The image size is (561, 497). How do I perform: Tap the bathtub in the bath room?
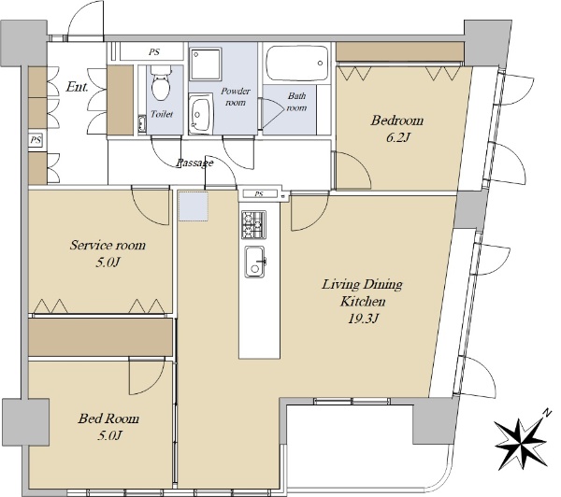point(297,63)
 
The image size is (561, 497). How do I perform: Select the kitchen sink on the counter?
point(255,262)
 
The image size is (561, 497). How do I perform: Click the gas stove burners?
point(253,224)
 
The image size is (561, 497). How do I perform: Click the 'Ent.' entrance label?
point(77,87)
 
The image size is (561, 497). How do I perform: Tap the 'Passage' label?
point(195,163)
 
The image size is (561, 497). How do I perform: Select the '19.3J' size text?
point(363,318)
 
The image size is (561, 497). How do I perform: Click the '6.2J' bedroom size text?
point(397,137)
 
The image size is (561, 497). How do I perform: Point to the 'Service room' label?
point(108,246)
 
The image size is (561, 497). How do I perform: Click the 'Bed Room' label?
point(108,419)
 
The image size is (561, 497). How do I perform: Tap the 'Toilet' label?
point(162,114)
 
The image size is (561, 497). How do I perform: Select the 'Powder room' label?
point(235,96)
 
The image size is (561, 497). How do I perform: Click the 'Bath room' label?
point(297,102)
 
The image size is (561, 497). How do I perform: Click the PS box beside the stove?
point(260,193)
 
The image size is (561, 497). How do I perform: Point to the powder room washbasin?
point(200,114)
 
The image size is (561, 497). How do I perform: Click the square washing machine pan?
point(206,64)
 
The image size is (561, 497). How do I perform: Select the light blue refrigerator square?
point(194,206)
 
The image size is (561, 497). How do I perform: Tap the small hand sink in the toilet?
point(142,124)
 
